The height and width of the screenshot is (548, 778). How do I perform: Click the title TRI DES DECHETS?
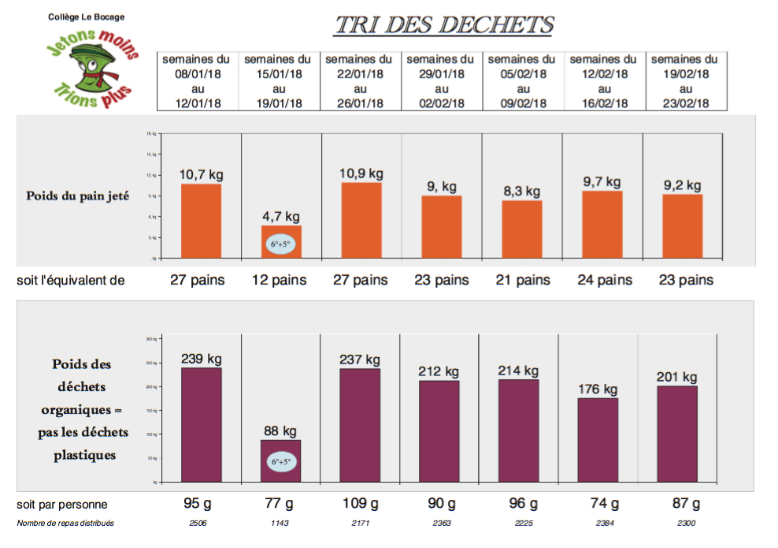[x=443, y=25]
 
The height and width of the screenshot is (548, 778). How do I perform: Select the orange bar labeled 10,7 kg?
[x=202, y=220]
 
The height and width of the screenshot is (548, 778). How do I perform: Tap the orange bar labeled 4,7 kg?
[x=282, y=233]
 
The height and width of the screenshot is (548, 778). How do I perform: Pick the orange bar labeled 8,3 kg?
[x=522, y=229]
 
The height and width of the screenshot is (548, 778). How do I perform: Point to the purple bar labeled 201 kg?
[x=677, y=433]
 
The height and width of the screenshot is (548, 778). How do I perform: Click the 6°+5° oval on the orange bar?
[x=282, y=244]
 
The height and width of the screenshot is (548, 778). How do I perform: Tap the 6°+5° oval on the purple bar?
[x=281, y=461]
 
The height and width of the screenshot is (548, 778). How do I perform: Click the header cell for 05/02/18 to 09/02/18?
[x=522, y=81]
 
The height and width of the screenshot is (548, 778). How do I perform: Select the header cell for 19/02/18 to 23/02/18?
[x=684, y=81]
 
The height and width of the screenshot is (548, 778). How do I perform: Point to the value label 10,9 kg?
[x=361, y=173]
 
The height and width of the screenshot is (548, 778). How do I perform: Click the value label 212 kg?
[x=439, y=371]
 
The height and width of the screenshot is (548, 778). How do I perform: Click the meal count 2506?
[x=198, y=523]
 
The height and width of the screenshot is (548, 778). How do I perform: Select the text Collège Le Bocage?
[x=86, y=17]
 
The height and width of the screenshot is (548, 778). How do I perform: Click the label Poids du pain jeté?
[x=77, y=196]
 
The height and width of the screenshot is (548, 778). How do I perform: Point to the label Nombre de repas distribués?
[x=65, y=523]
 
